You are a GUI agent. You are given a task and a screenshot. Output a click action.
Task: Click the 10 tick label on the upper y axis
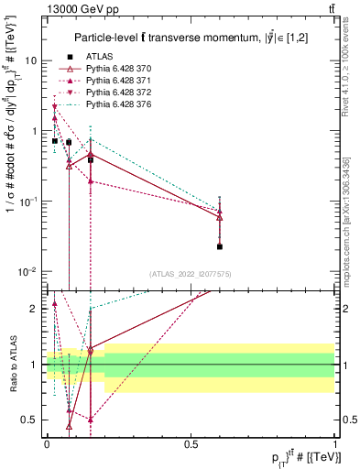(x=30, y=60)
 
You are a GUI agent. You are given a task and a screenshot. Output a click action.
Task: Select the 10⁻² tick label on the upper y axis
(x=28, y=271)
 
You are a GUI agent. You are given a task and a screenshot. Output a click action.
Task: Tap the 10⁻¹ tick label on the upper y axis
(x=28, y=201)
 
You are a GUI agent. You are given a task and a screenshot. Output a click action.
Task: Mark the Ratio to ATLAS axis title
(x=11, y=365)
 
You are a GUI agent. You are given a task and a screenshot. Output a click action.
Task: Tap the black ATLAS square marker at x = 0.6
(x=220, y=246)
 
